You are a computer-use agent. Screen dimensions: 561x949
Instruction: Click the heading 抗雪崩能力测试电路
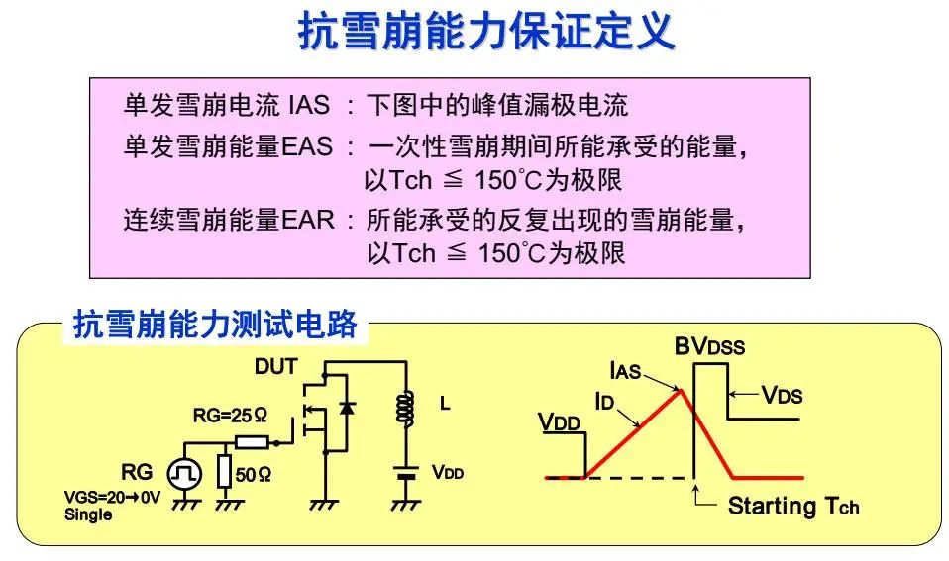(x=215, y=326)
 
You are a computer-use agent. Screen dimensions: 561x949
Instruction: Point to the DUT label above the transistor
(x=275, y=367)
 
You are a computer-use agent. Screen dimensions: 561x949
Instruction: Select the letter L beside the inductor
(x=445, y=405)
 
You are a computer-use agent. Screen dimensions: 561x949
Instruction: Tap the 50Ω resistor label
(x=255, y=474)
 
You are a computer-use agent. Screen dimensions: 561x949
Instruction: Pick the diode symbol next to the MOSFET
(x=346, y=408)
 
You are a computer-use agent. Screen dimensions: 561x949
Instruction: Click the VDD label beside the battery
(x=447, y=472)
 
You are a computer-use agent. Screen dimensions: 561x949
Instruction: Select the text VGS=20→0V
(x=112, y=499)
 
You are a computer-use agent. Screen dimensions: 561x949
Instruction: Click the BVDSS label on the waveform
(x=709, y=346)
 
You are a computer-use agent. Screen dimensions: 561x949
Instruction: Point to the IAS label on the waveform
(x=625, y=372)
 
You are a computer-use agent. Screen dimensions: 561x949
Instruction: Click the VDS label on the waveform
(x=782, y=395)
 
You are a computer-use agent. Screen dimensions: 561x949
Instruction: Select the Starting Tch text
(x=792, y=507)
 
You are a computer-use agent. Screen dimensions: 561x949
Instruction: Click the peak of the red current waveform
(x=680, y=391)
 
